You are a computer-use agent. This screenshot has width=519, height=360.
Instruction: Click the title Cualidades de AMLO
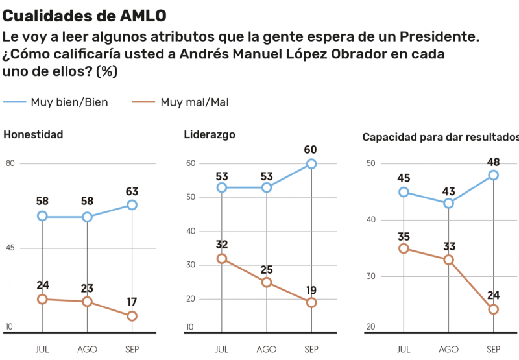pos(84,14)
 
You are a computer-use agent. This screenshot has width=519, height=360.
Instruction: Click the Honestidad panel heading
pos(33,135)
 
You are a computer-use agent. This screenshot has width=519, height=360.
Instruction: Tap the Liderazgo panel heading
pos(210,135)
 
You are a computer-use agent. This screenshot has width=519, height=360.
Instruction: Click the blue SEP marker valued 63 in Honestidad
pos(132,205)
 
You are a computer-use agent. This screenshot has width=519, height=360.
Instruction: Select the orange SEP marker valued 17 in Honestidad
pos(132,316)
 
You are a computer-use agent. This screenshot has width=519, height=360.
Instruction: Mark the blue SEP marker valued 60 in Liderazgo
pos(311,164)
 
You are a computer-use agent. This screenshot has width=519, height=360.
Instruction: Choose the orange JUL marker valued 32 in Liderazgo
pos(222,258)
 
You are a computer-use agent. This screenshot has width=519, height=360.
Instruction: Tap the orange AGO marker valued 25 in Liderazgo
pos(267,282)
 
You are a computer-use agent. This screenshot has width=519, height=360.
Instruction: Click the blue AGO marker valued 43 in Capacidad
pos(448,203)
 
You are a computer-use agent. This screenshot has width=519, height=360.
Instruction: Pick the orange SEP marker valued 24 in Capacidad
pos(493,309)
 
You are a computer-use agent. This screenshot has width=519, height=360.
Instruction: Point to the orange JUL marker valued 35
pos(404,248)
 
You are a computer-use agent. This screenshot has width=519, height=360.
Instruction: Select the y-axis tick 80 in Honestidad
pos(10,163)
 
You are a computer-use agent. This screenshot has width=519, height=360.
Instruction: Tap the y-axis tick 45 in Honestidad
pos(10,248)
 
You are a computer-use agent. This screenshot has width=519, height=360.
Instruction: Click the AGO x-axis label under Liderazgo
pos(267,350)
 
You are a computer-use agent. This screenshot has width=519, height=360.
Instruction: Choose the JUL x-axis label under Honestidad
pos(42,350)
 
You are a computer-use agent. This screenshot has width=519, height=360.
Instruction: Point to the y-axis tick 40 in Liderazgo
pos(190,231)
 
